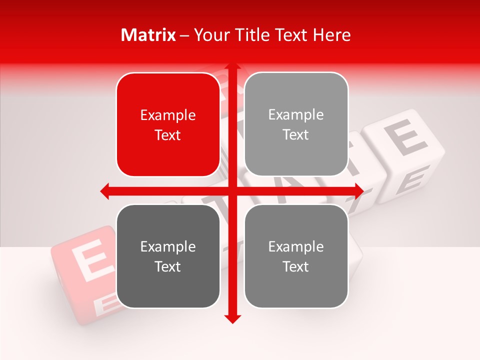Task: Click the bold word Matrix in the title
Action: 148,35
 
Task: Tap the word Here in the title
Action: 331,35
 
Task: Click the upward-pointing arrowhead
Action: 232,66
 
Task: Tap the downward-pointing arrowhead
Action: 232,318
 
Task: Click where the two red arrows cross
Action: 232,191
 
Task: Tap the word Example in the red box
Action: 168,115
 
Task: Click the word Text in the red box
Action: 168,135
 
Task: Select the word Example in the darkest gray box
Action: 168,247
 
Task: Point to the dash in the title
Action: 184,35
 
